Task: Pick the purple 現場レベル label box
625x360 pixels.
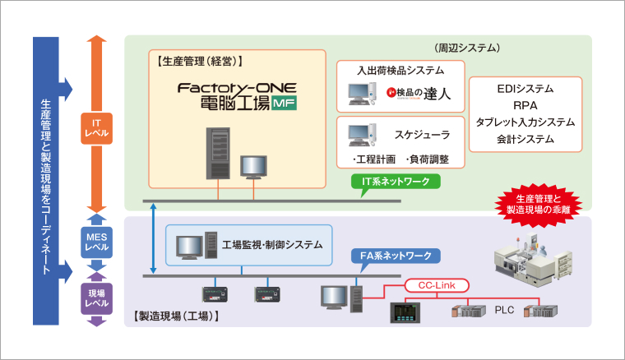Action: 97,298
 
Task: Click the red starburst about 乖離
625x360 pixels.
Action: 535,205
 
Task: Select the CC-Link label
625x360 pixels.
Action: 437,285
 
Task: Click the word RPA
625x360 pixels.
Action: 525,105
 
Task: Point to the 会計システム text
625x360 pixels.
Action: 525,139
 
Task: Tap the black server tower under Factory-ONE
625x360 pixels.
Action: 219,153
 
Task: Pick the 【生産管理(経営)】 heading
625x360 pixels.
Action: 200,60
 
